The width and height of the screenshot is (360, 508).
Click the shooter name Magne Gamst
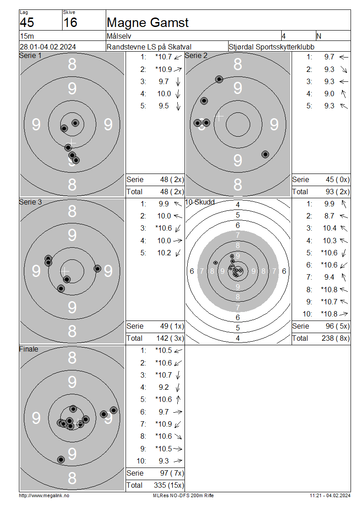pyautogui.click(x=147, y=22)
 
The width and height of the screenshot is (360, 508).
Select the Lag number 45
pyautogui.click(x=27, y=22)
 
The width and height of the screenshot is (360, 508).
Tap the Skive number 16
pyautogui.click(x=70, y=22)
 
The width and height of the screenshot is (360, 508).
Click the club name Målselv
pyautogui.click(x=119, y=36)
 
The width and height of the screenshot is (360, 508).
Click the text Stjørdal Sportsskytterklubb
pyautogui.click(x=271, y=47)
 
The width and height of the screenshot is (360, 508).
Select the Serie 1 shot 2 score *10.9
pyautogui.click(x=163, y=69)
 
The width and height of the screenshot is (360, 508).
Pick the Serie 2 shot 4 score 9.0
pyautogui.click(x=329, y=94)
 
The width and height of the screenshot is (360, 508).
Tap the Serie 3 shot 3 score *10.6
pyautogui.click(x=163, y=228)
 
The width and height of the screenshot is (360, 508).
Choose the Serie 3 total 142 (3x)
pyautogui.click(x=171, y=338)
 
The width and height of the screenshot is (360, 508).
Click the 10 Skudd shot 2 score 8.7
pyautogui.click(x=329, y=216)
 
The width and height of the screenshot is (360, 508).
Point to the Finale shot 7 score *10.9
pyautogui.click(x=163, y=424)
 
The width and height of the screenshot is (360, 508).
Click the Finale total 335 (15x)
pyautogui.click(x=171, y=485)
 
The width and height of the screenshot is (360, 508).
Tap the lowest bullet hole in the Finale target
pyautogui.click(x=61, y=459)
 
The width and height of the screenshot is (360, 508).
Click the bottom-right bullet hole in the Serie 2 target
pyautogui.click(x=265, y=154)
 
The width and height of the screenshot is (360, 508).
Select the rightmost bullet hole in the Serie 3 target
pyautogui.click(x=97, y=268)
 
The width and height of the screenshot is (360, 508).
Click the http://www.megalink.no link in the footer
pyautogui.click(x=44, y=495)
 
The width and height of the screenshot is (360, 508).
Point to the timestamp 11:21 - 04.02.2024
pyautogui.click(x=329, y=495)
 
